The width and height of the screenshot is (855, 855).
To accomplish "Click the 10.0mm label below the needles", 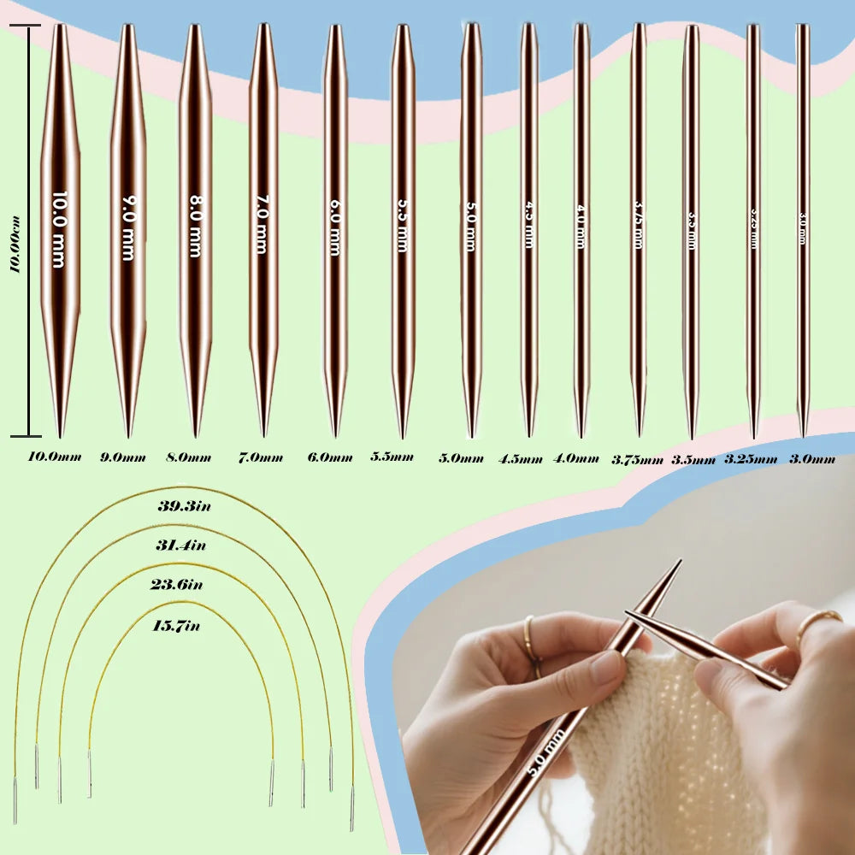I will pos(54,457).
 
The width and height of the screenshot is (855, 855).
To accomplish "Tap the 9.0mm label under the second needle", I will pos(123,457).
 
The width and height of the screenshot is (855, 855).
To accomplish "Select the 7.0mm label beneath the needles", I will pos(260,457).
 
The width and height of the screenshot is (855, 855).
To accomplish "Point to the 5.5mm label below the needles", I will pos(392,457).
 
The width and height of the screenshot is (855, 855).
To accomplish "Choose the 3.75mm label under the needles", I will pos(637,459).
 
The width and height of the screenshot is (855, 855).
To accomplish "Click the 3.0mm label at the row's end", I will pos(811,459).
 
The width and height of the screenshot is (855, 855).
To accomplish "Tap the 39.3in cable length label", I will pos(184,506).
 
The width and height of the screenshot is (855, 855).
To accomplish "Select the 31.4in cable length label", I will pos(180,545).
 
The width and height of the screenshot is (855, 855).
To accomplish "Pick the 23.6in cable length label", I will pos(178,585).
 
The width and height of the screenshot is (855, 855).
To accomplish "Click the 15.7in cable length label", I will pos(174,626).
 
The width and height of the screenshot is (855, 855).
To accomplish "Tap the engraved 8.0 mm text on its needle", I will pos(195,226).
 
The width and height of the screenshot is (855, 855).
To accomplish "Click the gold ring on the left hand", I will pos(531,642).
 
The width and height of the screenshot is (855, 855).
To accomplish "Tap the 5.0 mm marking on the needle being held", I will pos(544,751).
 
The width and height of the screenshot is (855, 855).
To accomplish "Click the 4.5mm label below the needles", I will pos(520,458).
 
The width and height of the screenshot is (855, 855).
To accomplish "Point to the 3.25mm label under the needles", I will pos(751,459).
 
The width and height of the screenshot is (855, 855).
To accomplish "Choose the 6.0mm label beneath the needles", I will pos(330,457).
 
